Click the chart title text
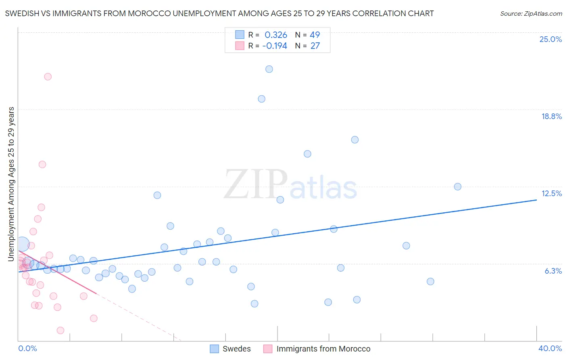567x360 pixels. [x=219, y=13]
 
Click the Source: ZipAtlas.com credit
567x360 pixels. [x=531, y=14]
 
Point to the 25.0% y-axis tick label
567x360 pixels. [x=550, y=39]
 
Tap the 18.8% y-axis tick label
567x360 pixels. [x=551, y=116]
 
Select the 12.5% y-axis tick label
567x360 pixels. [x=551, y=193]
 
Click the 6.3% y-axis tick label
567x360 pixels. [x=553, y=271]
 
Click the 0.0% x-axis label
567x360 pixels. [x=27, y=348]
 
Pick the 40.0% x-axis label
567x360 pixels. [x=550, y=348]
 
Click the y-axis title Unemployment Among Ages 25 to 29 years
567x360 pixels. [x=11, y=184]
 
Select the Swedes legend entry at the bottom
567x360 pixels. [x=236, y=349]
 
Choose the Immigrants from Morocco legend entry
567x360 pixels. [x=323, y=349]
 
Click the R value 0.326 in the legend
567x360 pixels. [x=276, y=35]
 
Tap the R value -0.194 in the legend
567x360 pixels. [x=275, y=46]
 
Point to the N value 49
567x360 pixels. [x=315, y=35]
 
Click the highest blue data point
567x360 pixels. [x=269, y=69]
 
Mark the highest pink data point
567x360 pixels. [x=48, y=77]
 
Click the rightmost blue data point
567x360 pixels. [x=457, y=186]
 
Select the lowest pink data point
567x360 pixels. [x=60, y=331]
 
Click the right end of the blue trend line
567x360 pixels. [x=536, y=200]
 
